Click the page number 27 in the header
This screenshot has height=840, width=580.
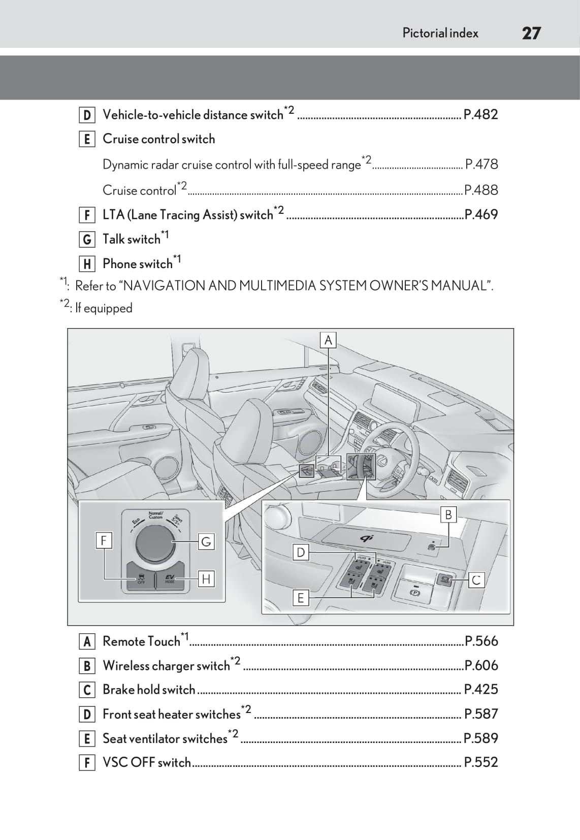click(531, 34)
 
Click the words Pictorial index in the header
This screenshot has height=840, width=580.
click(440, 34)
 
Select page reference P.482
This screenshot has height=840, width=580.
click(480, 114)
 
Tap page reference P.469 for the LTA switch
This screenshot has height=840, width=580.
click(481, 214)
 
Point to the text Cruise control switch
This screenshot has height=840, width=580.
click(158, 139)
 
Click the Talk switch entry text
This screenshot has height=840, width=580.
click(132, 239)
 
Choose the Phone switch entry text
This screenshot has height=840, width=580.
click(138, 264)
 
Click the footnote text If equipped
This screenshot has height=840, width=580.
click(104, 308)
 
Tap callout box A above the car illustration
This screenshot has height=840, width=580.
click(328, 340)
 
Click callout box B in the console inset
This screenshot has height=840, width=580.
click(448, 515)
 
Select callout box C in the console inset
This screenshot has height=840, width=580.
click(476, 580)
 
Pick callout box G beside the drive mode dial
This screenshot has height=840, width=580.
click(206, 542)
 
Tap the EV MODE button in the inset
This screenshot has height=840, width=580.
click(170, 578)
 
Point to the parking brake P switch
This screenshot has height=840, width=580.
click(415, 592)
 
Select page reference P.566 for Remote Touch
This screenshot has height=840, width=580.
click(481, 641)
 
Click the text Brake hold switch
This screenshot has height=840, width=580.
click(149, 690)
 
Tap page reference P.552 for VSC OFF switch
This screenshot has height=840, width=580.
click(481, 762)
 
